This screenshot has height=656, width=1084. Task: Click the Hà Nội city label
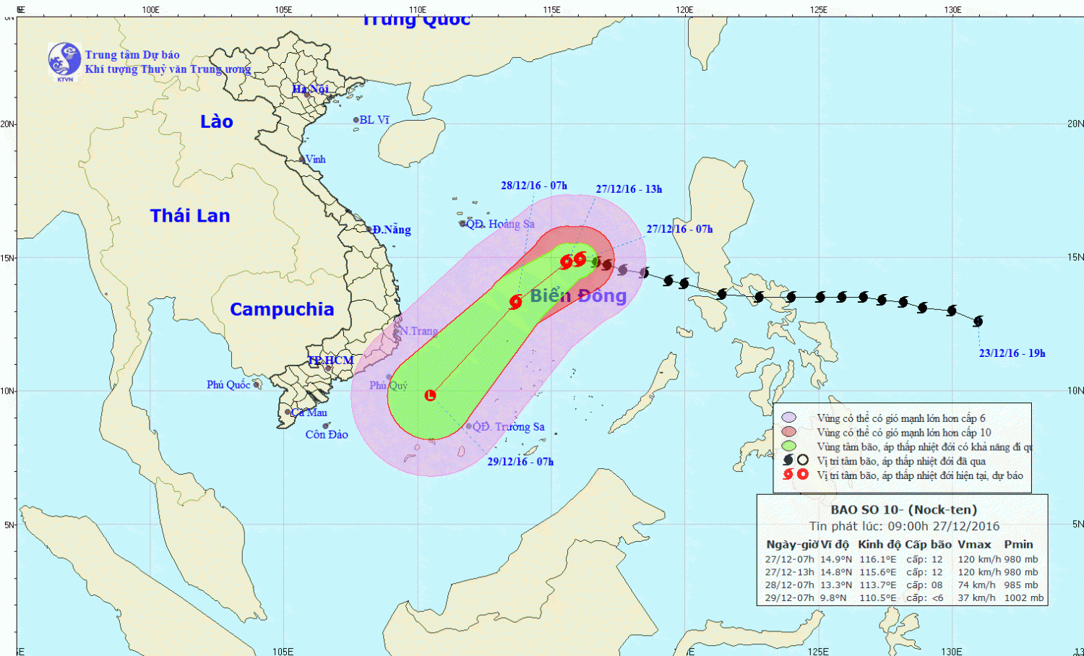[310, 89]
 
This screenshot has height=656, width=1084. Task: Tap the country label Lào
[217, 121]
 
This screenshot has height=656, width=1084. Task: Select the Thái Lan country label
[190, 215]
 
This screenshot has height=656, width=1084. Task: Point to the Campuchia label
[282, 309]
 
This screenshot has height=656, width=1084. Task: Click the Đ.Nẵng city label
[392, 230]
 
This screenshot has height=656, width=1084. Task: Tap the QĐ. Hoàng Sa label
[500, 224]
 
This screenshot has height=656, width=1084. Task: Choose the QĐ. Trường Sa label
[508, 427]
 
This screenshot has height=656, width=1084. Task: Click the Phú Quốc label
[228, 384]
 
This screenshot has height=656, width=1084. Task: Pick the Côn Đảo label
[327, 434]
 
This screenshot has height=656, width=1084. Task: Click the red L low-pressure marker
[431, 395]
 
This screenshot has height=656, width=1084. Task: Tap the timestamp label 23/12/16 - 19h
[1012, 353]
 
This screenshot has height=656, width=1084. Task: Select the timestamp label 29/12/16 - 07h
[520, 462]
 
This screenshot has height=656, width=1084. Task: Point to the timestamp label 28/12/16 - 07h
[534, 186]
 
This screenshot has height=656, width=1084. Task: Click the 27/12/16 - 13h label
[629, 189]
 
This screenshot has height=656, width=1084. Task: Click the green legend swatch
[789, 446]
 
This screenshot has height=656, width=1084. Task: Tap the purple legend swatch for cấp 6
[789, 418]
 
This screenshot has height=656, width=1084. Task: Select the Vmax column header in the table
[974, 544]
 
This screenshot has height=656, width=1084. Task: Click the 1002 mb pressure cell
[1024, 597]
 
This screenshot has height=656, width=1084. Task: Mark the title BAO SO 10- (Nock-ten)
[903, 509]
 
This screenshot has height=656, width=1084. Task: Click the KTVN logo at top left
[64, 60]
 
